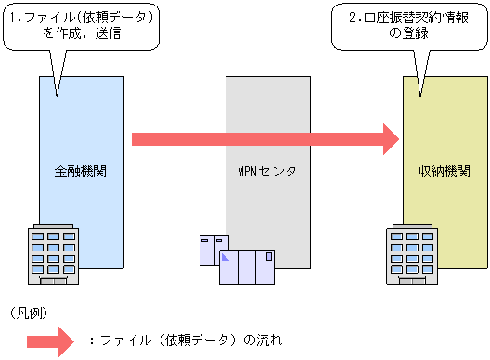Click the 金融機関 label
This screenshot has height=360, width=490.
(81, 173)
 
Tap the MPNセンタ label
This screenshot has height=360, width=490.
(267, 173)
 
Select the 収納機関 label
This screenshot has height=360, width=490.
(445, 173)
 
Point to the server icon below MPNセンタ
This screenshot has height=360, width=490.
(246, 267)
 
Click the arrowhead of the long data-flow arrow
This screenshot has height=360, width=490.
(387, 139)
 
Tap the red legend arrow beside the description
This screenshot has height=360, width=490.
(58, 341)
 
